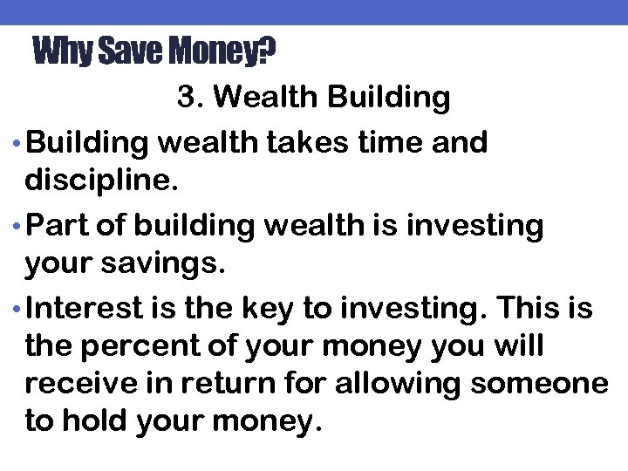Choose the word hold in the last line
tap(95, 422)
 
